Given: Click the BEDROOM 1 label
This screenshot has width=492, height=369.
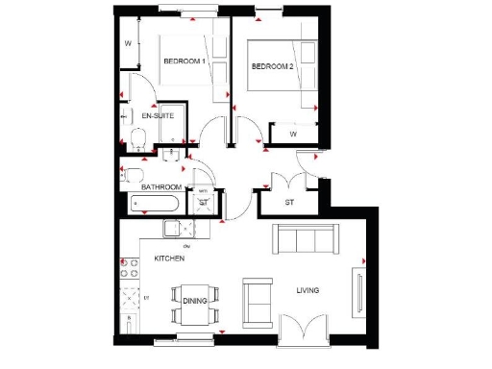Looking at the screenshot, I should click(184, 61).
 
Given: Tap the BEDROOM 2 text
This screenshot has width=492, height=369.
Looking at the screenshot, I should click(271, 66).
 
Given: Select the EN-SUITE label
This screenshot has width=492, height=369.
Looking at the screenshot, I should click(157, 115).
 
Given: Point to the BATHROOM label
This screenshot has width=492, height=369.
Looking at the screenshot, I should click(161, 186).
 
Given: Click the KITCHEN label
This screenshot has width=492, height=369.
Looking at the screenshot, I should click(169, 259).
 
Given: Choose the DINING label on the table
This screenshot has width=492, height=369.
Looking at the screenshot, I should click(195, 301).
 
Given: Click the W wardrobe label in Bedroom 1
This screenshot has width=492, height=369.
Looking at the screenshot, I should click(129, 43).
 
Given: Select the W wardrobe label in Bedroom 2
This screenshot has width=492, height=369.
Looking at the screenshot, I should click(293, 134).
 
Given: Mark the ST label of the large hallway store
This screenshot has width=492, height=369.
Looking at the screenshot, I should click(289, 203).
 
